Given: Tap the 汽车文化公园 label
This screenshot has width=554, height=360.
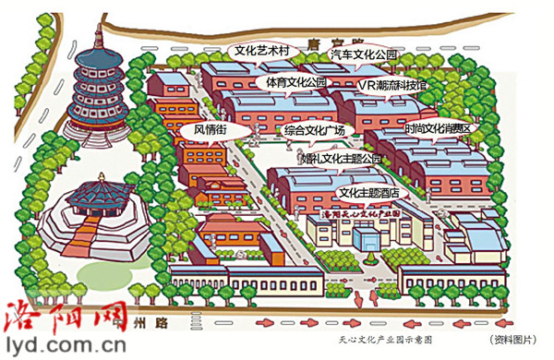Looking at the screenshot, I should tap(364, 55).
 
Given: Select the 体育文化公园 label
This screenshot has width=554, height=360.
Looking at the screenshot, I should tap(295, 82).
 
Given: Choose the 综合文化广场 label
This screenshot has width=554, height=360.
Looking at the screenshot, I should tap(315, 131).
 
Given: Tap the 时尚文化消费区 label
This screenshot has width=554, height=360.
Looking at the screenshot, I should tap(438, 128).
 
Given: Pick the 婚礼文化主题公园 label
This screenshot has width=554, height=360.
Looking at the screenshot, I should tap(341, 161).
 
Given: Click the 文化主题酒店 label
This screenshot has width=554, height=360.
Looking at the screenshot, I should tap(369, 193).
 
